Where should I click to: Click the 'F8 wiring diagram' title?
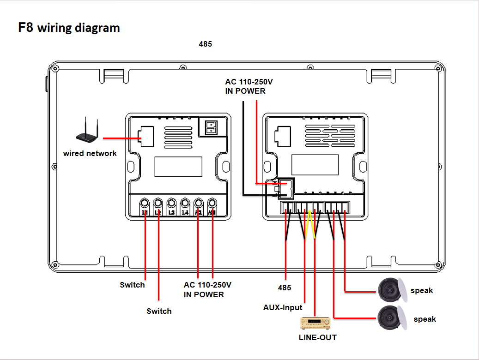(x=69, y=28)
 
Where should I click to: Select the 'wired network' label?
(x=90, y=153)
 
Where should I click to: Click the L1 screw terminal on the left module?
(x=145, y=203)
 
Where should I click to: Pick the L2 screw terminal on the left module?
(x=158, y=203)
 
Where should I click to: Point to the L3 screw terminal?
(x=171, y=203)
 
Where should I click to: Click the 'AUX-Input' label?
(x=283, y=307)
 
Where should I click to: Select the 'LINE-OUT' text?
(x=318, y=337)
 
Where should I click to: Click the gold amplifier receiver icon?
(x=315, y=322)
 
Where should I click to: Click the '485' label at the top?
(x=205, y=44)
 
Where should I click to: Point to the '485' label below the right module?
(x=285, y=288)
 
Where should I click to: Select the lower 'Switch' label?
(x=159, y=311)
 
